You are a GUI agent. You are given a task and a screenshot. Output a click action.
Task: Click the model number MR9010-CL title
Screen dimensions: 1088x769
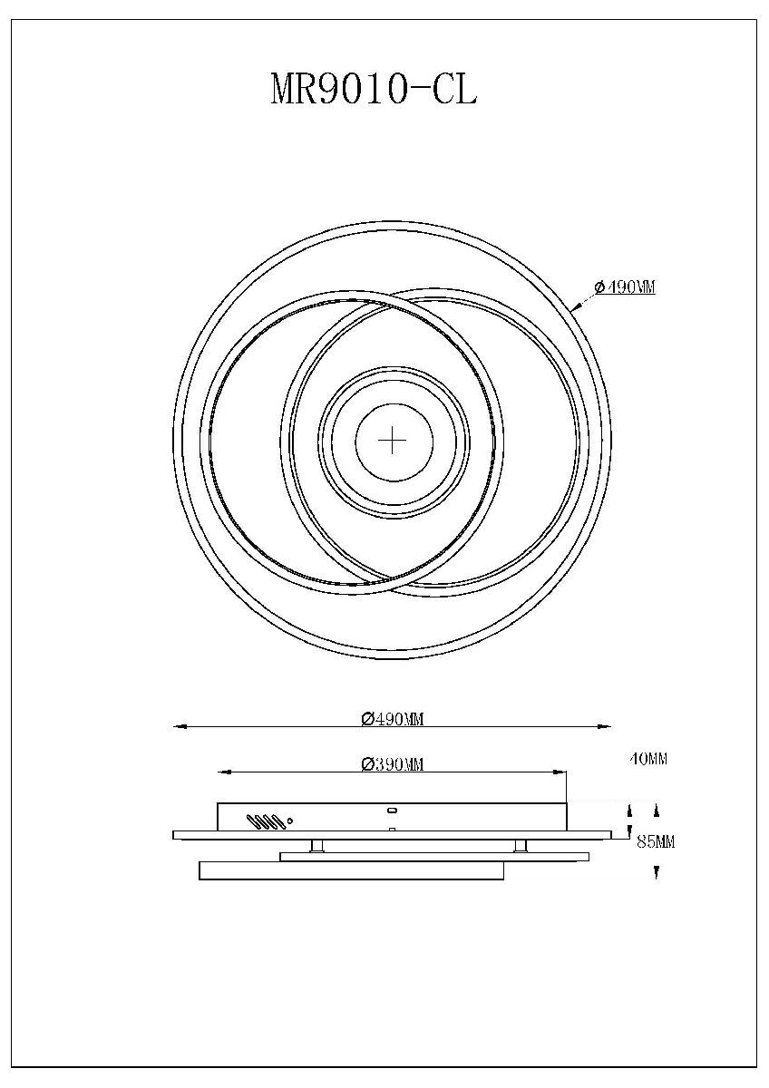374,91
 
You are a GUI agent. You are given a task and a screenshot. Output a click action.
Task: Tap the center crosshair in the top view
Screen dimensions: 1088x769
392,442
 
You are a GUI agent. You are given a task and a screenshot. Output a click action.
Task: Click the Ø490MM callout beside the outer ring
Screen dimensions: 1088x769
625,287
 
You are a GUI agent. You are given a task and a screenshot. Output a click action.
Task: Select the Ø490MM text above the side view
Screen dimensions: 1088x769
393,719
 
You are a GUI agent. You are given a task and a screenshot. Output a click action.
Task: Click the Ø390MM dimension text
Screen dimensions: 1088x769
393,764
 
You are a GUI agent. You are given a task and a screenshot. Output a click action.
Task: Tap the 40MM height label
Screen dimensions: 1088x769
648,760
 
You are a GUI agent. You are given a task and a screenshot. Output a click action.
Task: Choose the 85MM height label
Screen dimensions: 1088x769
656,842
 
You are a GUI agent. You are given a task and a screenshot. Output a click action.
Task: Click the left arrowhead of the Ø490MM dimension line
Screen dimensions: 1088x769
179,726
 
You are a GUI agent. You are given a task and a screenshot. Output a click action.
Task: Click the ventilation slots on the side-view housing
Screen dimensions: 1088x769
268,822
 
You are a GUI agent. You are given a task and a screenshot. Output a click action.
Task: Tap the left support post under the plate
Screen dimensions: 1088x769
317,846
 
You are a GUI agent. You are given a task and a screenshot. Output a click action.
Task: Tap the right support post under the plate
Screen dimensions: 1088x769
521,846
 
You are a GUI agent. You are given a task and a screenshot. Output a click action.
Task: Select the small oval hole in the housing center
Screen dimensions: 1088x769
392,811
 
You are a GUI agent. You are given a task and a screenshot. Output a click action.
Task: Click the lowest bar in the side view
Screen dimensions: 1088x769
350,870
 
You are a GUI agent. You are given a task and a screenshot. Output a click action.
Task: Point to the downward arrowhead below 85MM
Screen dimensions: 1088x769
656,873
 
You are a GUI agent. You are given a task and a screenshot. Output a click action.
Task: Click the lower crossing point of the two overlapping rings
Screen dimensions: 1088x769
392,579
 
